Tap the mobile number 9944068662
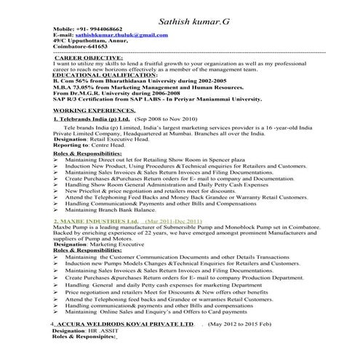tap(105, 28)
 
